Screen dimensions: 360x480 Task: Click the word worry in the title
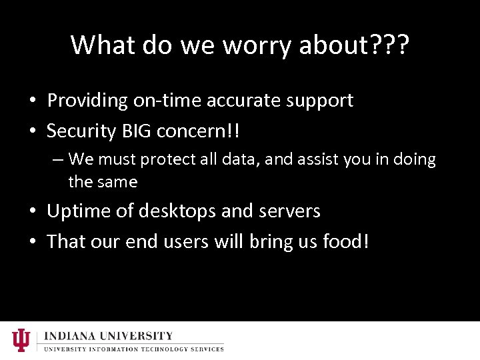257,45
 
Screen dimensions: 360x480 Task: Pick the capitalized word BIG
136,131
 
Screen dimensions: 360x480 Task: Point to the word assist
311,160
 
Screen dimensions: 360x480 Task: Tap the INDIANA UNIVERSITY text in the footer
108,336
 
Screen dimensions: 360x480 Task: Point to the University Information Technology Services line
133,349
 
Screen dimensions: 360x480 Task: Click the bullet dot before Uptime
33,212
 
